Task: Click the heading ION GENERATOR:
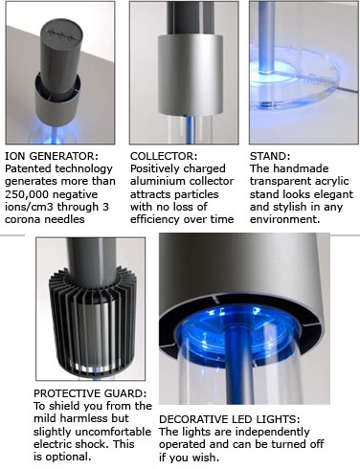pyautogui.click(x=52, y=156)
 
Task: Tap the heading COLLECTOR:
pyautogui.click(x=164, y=156)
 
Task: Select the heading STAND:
pyautogui.click(x=270, y=156)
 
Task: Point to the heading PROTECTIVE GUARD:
pyautogui.click(x=90, y=393)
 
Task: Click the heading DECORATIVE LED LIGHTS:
pyautogui.click(x=230, y=419)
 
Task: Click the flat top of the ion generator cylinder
pyautogui.click(x=62, y=32)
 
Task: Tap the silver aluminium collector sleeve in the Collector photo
pyautogui.click(x=191, y=74)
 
